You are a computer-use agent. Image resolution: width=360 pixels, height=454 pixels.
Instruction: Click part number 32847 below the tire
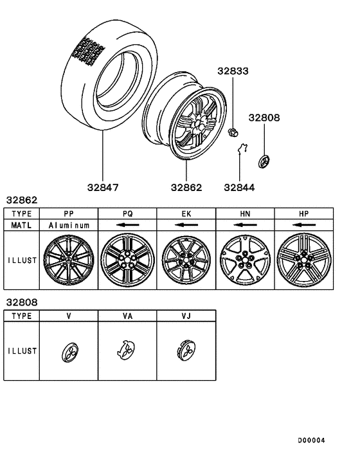tap(102, 188)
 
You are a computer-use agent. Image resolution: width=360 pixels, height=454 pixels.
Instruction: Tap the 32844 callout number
tap(240, 188)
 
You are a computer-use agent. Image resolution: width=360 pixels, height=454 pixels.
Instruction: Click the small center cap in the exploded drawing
tap(264, 161)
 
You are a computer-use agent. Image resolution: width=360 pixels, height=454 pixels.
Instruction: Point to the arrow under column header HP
tap(304, 226)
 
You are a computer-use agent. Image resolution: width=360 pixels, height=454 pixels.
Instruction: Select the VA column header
tap(127, 316)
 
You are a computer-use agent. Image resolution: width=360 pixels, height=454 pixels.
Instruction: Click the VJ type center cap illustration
tap(186, 351)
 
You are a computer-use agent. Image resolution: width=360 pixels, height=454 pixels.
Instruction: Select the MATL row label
tap(22, 226)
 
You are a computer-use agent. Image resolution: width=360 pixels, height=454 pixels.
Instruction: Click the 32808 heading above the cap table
tap(21, 302)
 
